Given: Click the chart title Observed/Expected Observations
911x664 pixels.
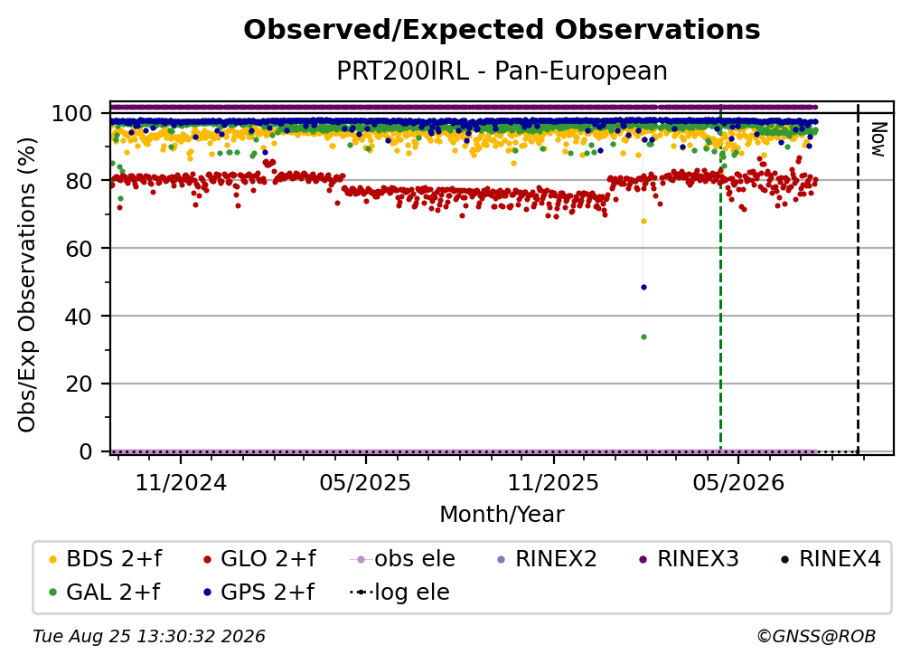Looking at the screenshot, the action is pos(502,30).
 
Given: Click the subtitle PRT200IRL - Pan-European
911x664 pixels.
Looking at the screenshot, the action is pos(502,71).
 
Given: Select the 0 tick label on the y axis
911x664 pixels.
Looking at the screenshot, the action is pos(86,451).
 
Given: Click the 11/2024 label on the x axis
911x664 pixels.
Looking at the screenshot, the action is pos(181,482).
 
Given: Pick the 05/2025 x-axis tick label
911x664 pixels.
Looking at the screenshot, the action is pos(365,482).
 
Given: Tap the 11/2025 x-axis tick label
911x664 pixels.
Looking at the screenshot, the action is pos(553,482).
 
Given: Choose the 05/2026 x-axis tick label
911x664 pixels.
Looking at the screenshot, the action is pos(737,482).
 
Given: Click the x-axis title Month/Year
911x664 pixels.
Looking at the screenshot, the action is pos(502,514).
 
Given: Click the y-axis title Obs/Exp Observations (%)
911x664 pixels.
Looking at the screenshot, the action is pos(27,285).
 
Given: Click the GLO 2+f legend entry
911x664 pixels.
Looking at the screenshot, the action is pos(259,559).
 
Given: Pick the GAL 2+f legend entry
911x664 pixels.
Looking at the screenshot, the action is pos(104,592).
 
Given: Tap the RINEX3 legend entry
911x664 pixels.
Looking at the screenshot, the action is pos(689,559).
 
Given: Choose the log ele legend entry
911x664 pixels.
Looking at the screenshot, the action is pos(399,592).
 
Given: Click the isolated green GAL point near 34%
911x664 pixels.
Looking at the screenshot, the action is pos(643,337).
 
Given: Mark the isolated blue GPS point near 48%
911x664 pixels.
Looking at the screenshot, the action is pos(643,288).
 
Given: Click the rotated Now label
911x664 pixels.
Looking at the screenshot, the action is pos(878,139).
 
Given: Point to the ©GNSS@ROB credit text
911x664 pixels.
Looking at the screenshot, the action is pos(816,637).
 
